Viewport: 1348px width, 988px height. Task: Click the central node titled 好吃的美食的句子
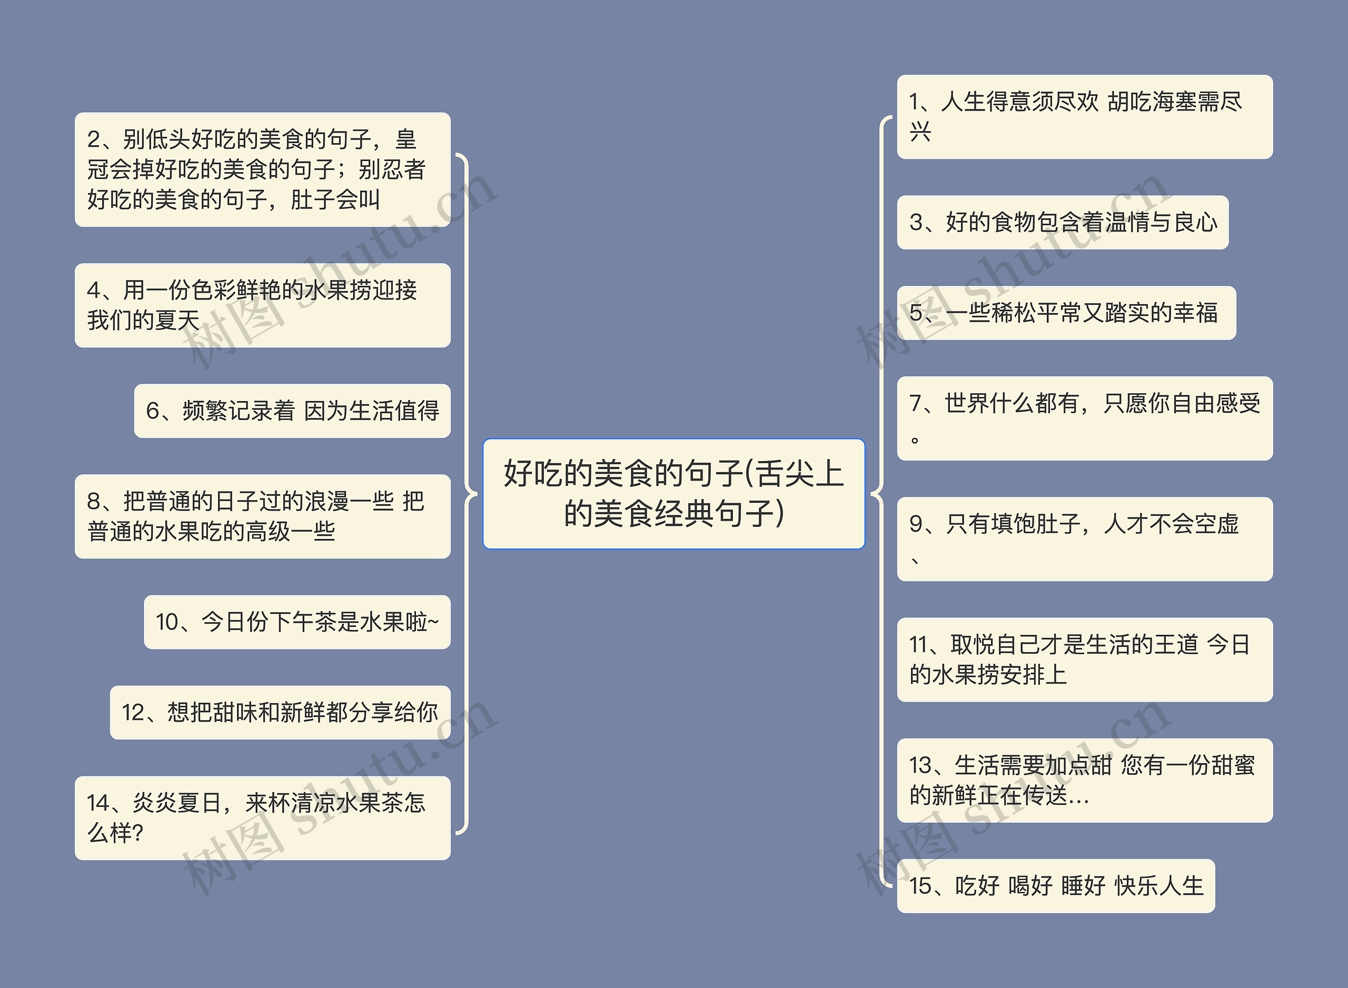point(673,493)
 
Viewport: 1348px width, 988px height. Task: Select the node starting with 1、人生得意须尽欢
point(1084,117)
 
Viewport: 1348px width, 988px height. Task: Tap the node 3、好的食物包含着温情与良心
point(1063,223)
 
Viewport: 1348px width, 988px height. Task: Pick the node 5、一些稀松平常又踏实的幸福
point(1066,313)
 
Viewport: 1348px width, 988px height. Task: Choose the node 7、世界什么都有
point(1084,418)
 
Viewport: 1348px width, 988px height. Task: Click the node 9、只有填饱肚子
point(1084,539)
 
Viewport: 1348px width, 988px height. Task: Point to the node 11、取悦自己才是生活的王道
point(1084,660)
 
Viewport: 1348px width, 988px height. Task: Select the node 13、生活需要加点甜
point(1084,781)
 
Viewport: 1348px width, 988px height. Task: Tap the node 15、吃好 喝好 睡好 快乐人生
point(1055,886)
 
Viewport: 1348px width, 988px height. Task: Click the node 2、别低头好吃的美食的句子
point(262,169)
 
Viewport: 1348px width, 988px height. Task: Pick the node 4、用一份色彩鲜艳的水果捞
point(262,305)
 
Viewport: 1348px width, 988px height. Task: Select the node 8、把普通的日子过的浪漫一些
point(262,516)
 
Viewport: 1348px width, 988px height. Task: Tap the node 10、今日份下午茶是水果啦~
point(297,622)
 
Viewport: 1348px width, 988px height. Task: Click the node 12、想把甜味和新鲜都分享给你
point(280,712)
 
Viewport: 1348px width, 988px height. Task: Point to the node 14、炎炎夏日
point(262,817)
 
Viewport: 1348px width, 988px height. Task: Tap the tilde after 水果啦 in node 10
point(434,623)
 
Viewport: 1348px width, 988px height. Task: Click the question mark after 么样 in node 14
point(137,833)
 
